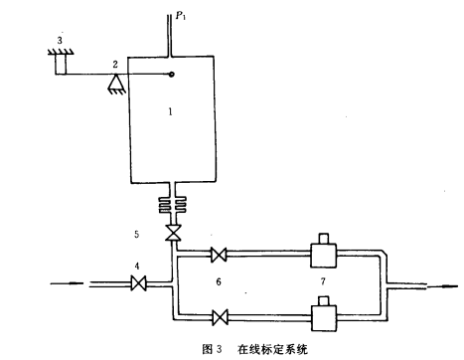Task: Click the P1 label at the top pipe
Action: pyautogui.click(x=181, y=15)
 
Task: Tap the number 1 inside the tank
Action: pyautogui.click(x=170, y=111)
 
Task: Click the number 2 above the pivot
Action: pyautogui.click(x=115, y=64)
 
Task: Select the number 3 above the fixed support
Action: pyautogui.click(x=60, y=41)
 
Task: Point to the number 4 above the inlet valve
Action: pyautogui.click(x=137, y=266)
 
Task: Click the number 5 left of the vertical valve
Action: pyautogui.click(x=136, y=235)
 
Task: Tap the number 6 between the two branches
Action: pyautogui.click(x=219, y=281)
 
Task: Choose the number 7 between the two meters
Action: pyautogui.click(x=323, y=281)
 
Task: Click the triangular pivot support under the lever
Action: pyautogui.click(x=116, y=84)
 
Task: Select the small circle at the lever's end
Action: pyautogui.click(x=171, y=75)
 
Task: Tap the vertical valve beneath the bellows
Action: pyautogui.click(x=173, y=233)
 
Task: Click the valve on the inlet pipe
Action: pyautogui.click(x=138, y=283)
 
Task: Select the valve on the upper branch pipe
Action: pyautogui.click(x=219, y=255)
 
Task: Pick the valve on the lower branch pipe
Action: pyautogui.click(x=220, y=317)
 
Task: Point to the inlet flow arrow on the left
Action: pyautogui.click(x=67, y=283)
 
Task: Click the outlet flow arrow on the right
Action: pyautogui.click(x=442, y=286)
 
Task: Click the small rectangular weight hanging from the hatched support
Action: pyautogui.click(x=61, y=64)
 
